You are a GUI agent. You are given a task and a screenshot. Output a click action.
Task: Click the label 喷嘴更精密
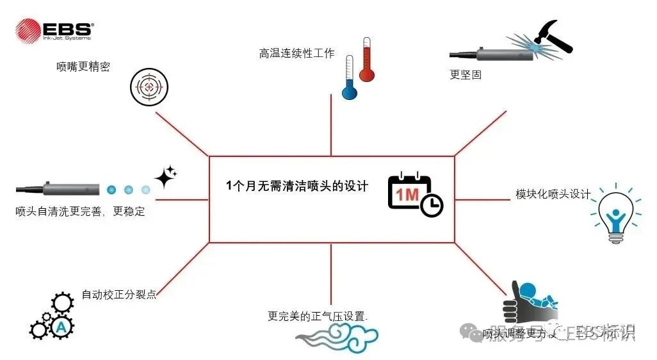tap(83, 66)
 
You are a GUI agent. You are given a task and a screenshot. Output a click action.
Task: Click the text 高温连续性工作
tap(296, 54)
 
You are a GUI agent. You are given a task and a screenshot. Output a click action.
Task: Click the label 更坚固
tap(466, 74)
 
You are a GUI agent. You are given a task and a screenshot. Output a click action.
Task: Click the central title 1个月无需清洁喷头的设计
tap(297, 186)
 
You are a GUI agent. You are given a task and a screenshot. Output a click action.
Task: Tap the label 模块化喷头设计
tap(553, 193)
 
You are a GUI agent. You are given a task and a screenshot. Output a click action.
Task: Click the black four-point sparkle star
tap(165, 176)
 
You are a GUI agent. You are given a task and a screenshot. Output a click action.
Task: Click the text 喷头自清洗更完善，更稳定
tap(80, 211)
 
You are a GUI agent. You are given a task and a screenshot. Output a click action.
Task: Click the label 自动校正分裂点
tap(119, 295)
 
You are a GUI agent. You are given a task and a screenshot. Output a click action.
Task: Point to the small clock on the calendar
tap(432, 205)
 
